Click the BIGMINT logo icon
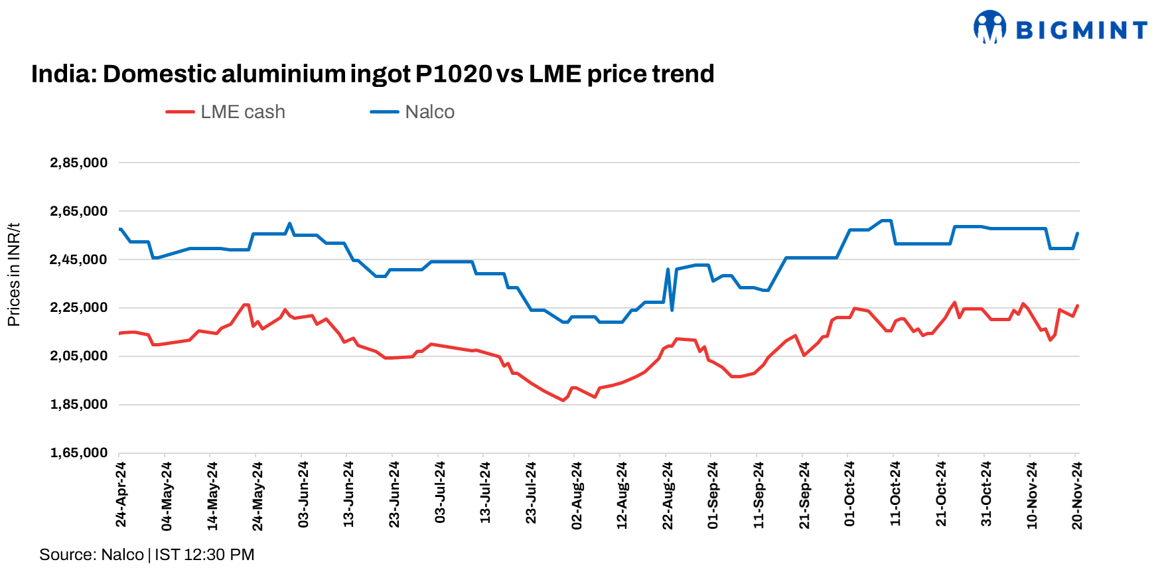pyautogui.click(x=989, y=27)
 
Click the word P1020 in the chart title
pyautogui.click(x=453, y=74)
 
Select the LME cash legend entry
pyautogui.click(x=226, y=112)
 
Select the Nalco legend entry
pyautogui.click(x=412, y=112)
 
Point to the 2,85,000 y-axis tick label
pyautogui.click(x=78, y=163)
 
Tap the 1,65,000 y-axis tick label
pyautogui.click(x=78, y=453)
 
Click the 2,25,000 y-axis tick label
pyautogui.click(x=78, y=307)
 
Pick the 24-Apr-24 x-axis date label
pyautogui.click(x=121, y=495)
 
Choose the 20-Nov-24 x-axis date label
pyautogui.click(x=1077, y=495)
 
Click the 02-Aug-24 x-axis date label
pyautogui.click(x=577, y=495)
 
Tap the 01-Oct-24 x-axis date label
pyautogui.click(x=849, y=495)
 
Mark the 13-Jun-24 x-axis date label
pyautogui.click(x=348, y=495)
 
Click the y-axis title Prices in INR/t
pyautogui.click(x=13, y=274)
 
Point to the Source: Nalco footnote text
pyautogui.click(x=147, y=555)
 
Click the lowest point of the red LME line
pyautogui.click(x=563, y=400)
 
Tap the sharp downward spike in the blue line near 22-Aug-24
pyautogui.click(x=672, y=310)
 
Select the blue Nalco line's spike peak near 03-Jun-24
pyautogui.click(x=290, y=224)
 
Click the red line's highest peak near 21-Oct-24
pyautogui.click(x=954, y=303)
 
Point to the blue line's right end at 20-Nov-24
pyautogui.click(x=1077, y=234)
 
